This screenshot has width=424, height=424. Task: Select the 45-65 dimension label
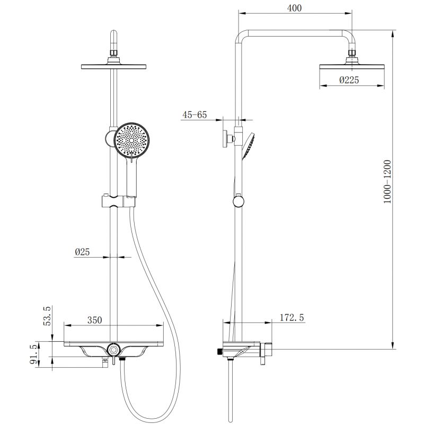pyautogui.click(x=195, y=114)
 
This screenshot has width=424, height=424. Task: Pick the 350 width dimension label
pyautogui.click(x=94, y=320)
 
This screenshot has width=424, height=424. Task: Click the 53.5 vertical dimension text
pyautogui.click(x=47, y=315)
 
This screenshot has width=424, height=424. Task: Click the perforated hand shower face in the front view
pyautogui.click(x=131, y=140)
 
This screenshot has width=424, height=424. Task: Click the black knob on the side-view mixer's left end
pyautogui.click(x=219, y=351)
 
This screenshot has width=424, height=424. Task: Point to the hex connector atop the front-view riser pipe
pyautogui.click(x=113, y=51)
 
